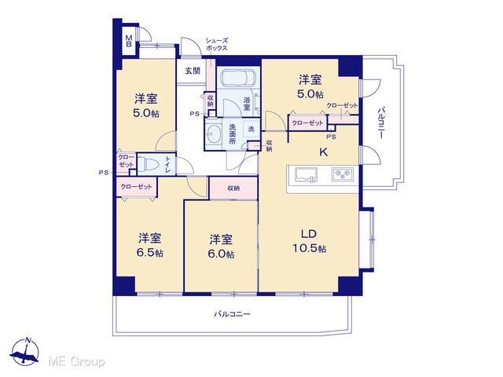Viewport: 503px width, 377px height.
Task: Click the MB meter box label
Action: click(x=129, y=41)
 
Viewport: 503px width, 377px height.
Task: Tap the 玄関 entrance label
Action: click(x=193, y=71)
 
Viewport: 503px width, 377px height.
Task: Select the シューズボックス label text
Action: click(x=217, y=45)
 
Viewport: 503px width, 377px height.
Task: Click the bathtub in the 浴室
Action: click(x=239, y=78)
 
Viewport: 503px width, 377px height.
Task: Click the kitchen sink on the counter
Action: click(x=306, y=175)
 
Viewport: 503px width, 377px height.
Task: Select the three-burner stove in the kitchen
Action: click(x=343, y=174)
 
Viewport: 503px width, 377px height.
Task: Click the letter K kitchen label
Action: click(x=323, y=152)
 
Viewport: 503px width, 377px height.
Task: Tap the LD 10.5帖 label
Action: click(x=309, y=241)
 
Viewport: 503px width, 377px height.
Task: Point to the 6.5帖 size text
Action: click(x=150, y=253)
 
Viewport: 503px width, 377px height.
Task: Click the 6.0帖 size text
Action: click(x=221, y=254)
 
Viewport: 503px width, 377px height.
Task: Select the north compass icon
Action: click(x=25, y=352)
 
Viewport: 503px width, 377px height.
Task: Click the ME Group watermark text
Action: click(x=76, y=362)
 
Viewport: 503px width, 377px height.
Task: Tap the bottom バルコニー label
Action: click(x=232, y=314)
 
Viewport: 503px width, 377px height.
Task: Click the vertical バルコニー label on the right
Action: click(x=380, y=123)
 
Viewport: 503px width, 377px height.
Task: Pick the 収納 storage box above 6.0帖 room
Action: click(x=233, y=188)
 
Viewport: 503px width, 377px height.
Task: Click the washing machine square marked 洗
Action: click(x=251, y=129)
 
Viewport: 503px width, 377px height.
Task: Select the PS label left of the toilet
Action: click(x=103, y=173)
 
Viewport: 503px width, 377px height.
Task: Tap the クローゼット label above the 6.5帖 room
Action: click(x=136, y=187)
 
